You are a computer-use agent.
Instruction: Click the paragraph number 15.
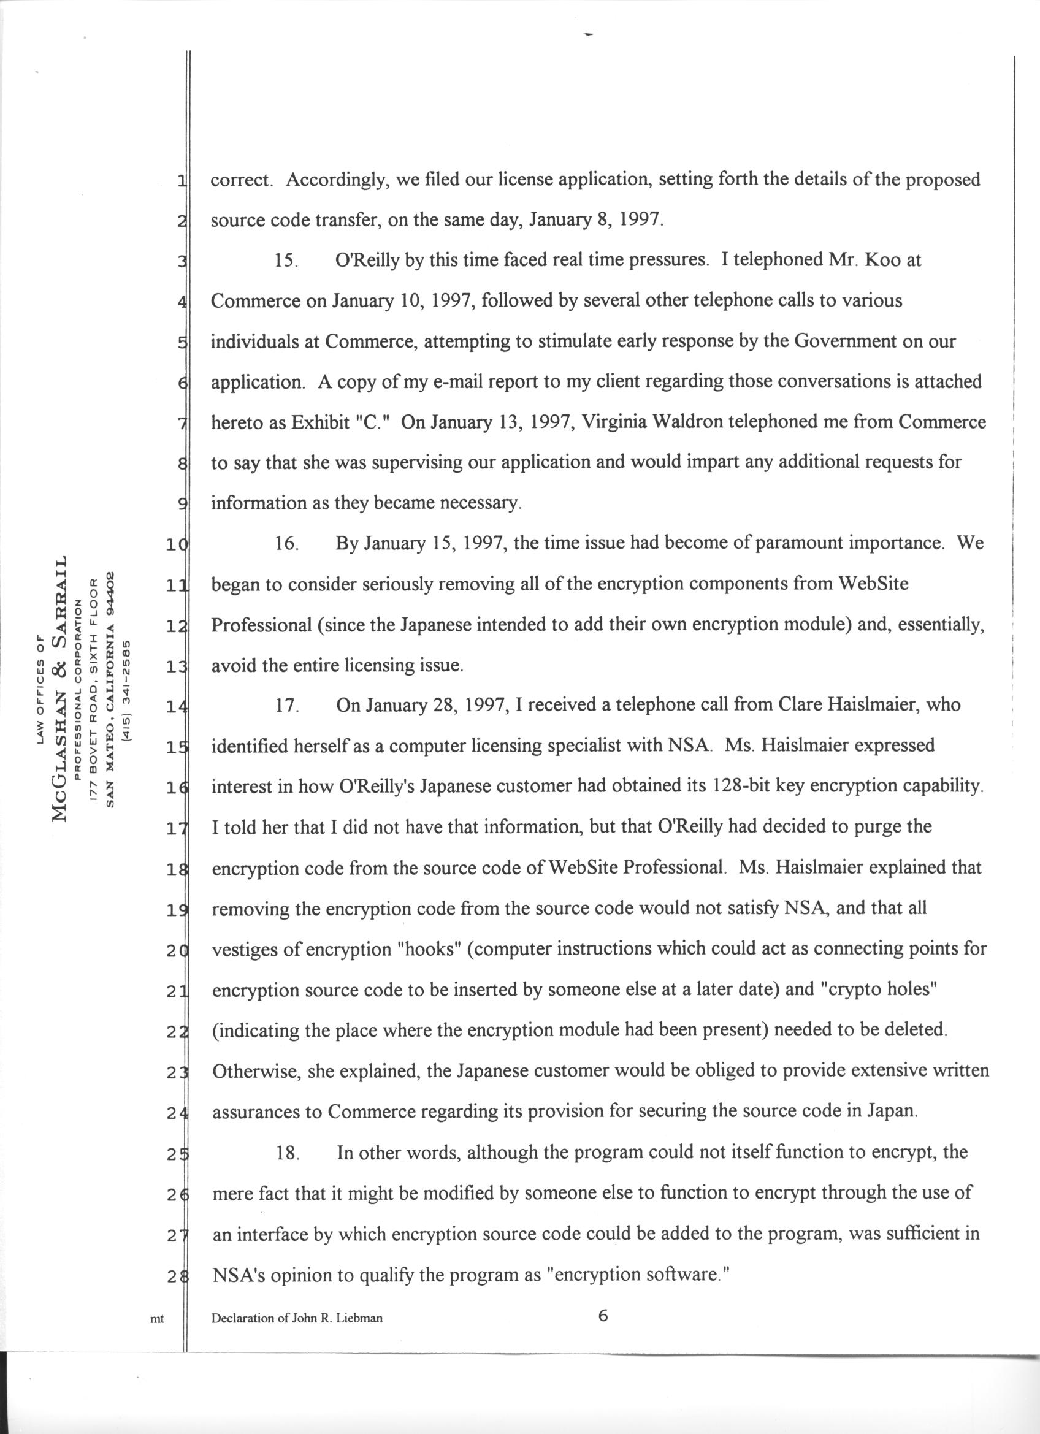point(286,261)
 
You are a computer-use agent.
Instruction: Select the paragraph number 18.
point(288,1153)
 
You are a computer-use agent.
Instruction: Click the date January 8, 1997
point(596,220)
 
